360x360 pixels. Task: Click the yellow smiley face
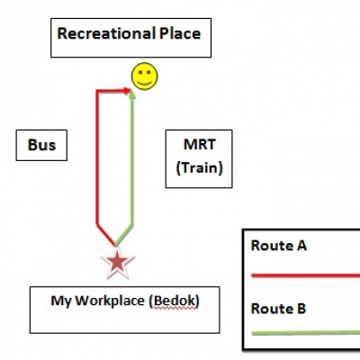click(x=144, y=76)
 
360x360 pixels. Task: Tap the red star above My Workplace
click(x=117, y=263)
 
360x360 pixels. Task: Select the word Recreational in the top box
click(x=106, y=33)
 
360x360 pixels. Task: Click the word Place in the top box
click(x=180, y=33)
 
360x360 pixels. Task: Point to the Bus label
click(x=41, y=145)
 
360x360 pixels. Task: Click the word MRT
click(x=200, y=144)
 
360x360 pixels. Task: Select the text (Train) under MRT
click(x=200, y=167)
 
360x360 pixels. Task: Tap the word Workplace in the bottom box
click(x=110, y=301)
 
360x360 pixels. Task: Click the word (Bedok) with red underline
click(x=174, y=301)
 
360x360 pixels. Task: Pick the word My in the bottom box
click(x=61, y=301)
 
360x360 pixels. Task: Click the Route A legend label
click(x=279, y=246)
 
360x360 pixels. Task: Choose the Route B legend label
click(x=278, y=309)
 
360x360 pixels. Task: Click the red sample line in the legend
click(x=305, y=275)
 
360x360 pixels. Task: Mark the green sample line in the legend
click(x=305, y=332)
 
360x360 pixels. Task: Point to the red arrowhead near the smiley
click(x=127, y=91)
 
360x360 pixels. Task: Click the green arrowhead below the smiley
click(x=132, y=94)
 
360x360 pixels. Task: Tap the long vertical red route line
click(x=98, y=157)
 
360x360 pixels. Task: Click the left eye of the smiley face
click(x=140, y=72)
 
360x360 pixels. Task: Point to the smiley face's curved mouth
click(x=144, y=83)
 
